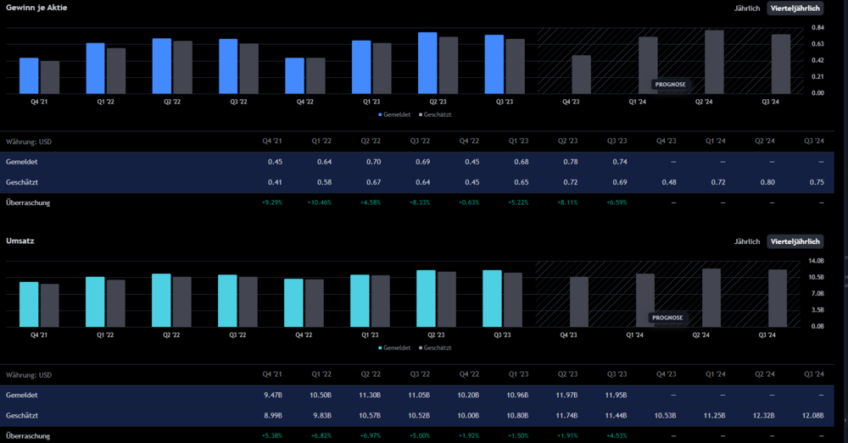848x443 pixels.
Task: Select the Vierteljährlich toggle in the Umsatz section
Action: [795, 241]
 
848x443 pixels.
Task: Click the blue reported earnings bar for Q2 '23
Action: [427, 63]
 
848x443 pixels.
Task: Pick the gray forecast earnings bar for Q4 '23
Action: [581, 75]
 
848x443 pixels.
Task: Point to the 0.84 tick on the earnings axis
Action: [817, 28]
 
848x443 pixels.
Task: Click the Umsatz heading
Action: [17, 241]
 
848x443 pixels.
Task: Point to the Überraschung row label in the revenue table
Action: [28, 435]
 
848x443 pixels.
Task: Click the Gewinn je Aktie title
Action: [36, 8]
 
